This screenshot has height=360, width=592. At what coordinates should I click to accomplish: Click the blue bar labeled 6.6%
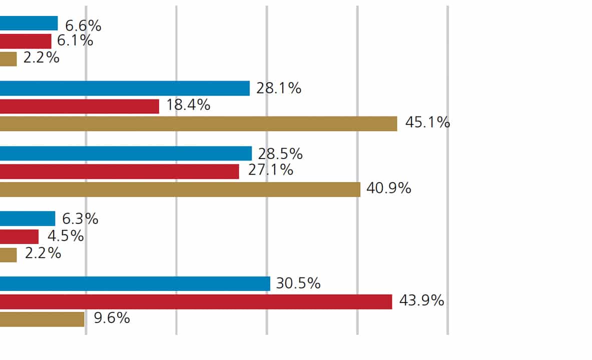point(29,23)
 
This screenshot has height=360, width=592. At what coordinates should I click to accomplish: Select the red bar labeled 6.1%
point(26,41)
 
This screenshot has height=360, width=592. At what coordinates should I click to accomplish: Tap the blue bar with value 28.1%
point(125,88)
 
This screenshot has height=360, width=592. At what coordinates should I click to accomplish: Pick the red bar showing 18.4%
point(80,106)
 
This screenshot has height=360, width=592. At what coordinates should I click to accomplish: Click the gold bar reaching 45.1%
point(198,124)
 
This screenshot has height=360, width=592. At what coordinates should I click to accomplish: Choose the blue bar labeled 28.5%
point(126,153)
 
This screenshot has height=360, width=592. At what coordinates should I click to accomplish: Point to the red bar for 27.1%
point(119,171)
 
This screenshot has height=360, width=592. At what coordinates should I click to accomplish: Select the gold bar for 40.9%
point(180,189)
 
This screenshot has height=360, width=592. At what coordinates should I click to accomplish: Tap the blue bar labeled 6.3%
point(28,218)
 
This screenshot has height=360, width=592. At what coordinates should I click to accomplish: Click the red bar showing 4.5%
point(19,236)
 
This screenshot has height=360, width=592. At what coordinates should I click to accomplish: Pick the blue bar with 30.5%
point(135,283)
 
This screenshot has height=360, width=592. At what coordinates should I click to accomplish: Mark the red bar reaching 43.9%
point(196,301)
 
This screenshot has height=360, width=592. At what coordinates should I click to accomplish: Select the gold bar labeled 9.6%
point(42,319)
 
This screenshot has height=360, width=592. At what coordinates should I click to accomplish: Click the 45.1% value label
point(427,122)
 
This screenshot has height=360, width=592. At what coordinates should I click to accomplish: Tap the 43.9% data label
point(421,300)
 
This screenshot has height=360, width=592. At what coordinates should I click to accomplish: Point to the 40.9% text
point(389,188)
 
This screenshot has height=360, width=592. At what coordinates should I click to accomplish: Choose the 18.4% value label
point(188,105)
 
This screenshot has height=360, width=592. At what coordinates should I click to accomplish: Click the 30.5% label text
point(298,283)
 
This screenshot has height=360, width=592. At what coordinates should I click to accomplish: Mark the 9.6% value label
point(112,318)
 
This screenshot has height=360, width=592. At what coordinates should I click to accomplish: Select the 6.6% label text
point(84,25)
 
